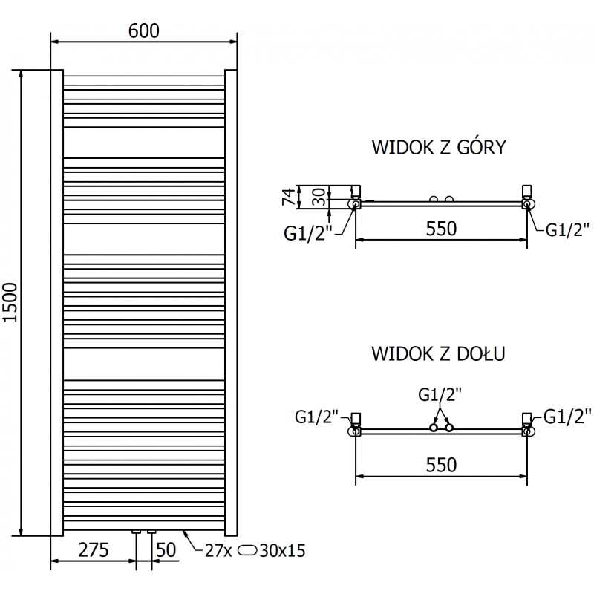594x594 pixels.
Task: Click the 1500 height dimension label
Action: tap(10, 303)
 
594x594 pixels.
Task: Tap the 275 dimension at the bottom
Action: tap(94, 551)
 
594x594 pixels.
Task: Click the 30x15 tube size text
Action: tap(285, 551)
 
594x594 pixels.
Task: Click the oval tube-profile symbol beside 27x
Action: tap(250, 551)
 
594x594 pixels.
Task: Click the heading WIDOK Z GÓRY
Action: tap(438, 147)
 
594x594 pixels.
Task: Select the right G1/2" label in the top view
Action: tap(568, 229)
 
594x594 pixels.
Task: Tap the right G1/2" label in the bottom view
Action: tap(568, 414)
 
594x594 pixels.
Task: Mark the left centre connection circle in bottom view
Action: tap(433, 428)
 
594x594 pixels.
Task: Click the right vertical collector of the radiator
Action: tap(230, 303)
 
